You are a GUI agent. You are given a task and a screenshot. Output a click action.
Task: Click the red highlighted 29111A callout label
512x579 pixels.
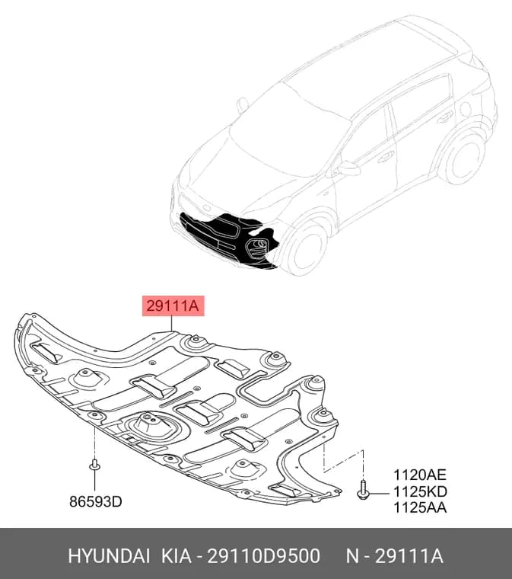173,305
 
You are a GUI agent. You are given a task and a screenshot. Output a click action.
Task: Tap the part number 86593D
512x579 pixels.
96,501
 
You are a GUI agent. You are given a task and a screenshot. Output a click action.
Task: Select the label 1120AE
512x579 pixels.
420,475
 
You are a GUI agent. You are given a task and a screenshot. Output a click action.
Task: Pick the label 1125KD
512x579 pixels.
420,491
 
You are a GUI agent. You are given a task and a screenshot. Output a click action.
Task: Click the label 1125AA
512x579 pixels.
420,507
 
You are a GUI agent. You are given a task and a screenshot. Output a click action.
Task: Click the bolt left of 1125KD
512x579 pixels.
363,490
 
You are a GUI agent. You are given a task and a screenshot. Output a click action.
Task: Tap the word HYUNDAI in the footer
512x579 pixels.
109,556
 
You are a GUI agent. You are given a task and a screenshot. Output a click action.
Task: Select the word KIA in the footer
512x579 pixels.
176,556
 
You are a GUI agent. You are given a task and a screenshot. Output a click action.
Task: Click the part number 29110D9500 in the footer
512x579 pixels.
264,556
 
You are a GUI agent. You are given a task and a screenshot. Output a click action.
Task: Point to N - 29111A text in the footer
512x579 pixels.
394,556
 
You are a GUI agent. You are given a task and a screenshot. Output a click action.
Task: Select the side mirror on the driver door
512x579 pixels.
348,169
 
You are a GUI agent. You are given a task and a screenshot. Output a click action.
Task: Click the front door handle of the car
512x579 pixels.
386,156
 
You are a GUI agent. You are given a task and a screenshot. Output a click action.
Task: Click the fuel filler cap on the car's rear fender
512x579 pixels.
466,109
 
